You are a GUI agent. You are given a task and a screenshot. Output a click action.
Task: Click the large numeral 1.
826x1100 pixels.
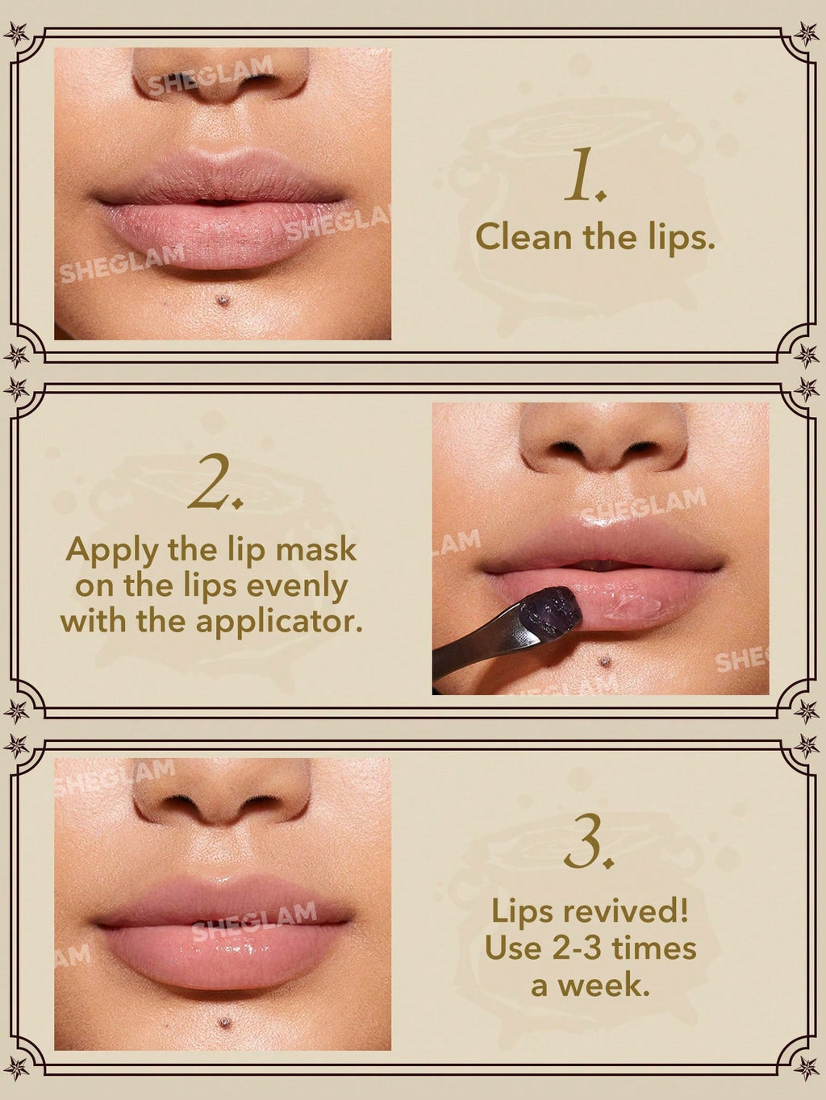click(x=582, y=180)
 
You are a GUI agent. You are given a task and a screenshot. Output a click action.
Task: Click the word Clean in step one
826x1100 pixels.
click(x=523, y=237)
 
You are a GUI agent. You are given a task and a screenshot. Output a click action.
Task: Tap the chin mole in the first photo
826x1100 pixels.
click(x=223, y=301)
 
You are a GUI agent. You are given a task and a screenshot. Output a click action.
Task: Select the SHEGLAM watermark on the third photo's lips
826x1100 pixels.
click(x=254, y=921)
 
